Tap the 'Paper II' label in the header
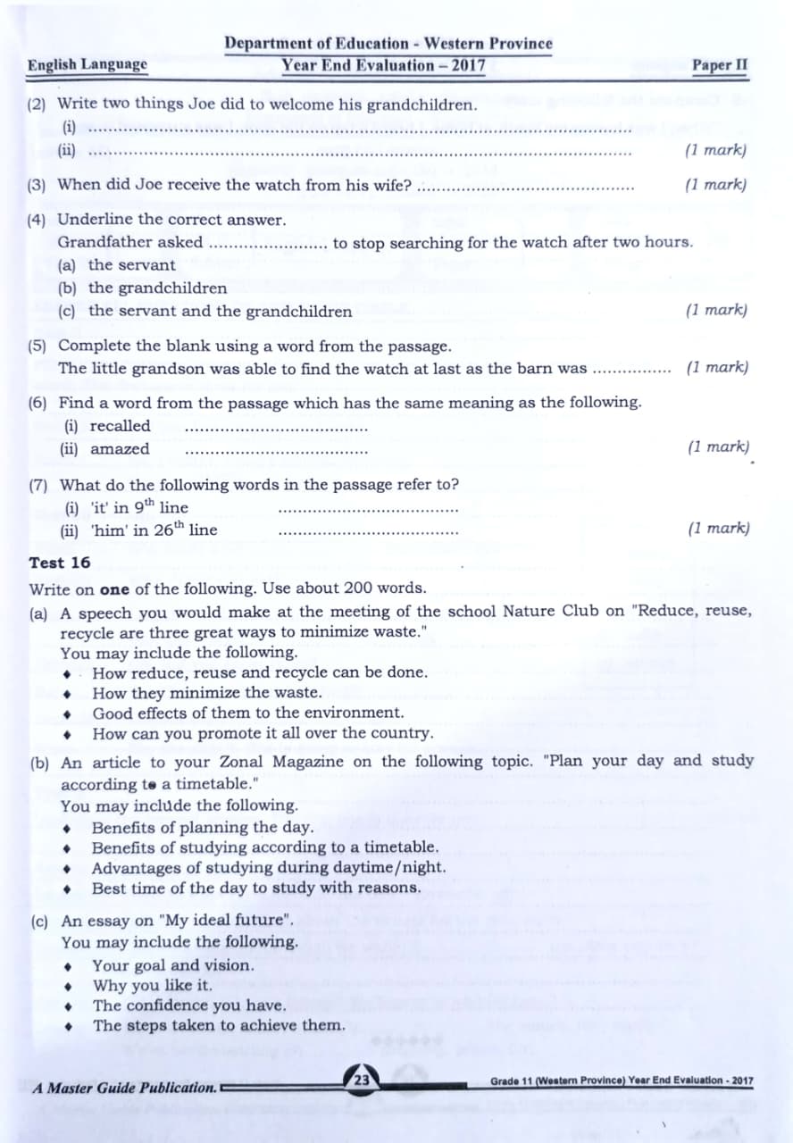coord(719,65)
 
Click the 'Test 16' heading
coord(60,563)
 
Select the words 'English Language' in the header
coord(88,64)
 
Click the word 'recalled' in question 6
coord(121,426)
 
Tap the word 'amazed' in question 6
coord(120,449)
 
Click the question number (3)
coord(37,185)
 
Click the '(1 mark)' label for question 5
coord(717,367)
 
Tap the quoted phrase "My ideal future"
coord(209,920)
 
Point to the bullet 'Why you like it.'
coord(153,985)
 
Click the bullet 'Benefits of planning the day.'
coord(203,827)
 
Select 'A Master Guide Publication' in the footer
coord(124,1089)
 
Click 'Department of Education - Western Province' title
coord(388,44)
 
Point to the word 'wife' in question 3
coord(391,186)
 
